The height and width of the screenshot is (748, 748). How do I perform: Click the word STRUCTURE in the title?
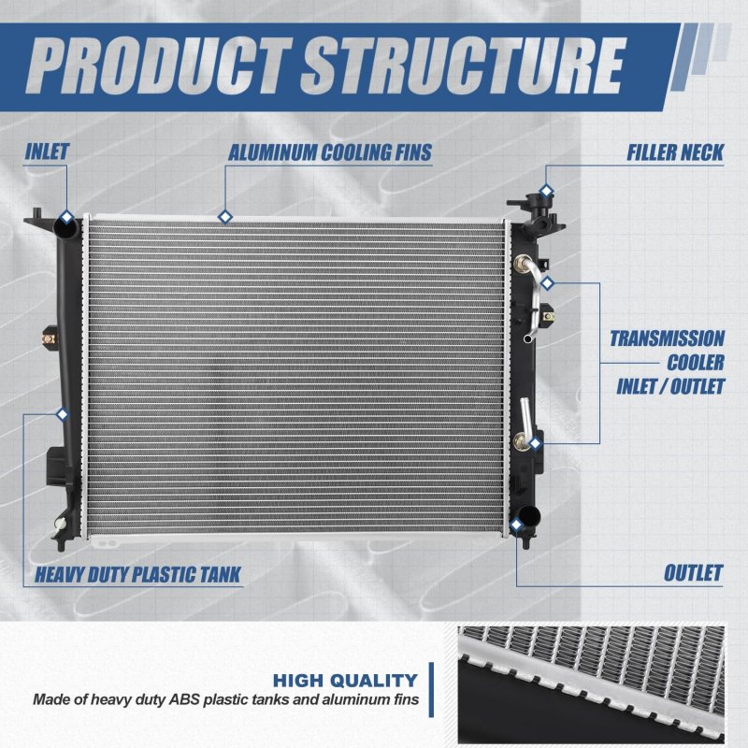click(x=462, y=66)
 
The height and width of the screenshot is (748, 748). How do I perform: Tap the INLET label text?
click(x=47, y=151)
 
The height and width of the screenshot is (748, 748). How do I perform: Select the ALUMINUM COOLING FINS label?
click(x=330, y=152)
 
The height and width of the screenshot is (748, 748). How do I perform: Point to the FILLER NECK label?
click(x=675, y=152)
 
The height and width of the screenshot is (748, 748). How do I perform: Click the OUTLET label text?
click(x=693, y=573)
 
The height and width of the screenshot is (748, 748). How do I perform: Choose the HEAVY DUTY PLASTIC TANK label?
click(x=137, y=574)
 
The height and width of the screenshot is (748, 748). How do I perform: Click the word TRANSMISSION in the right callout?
click(x=667, y=338)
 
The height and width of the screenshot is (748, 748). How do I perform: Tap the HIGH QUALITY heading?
click(x=345, y=681)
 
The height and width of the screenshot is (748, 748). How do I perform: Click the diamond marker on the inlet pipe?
click(x=66, y=217)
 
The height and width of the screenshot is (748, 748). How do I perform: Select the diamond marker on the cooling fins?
click(x=224, y=217)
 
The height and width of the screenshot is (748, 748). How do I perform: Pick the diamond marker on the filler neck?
click(x=546, y=192)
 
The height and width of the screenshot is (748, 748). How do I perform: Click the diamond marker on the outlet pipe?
click(x=516, y=525)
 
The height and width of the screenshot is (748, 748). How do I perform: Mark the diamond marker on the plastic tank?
click(x=62, y=414)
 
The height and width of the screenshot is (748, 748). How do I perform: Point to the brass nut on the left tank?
click(x=49, y=339)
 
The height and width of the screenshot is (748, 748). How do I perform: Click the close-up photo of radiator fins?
click(x=591, y=685)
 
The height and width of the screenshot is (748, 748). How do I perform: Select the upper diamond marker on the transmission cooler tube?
click(x=548, y=283)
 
